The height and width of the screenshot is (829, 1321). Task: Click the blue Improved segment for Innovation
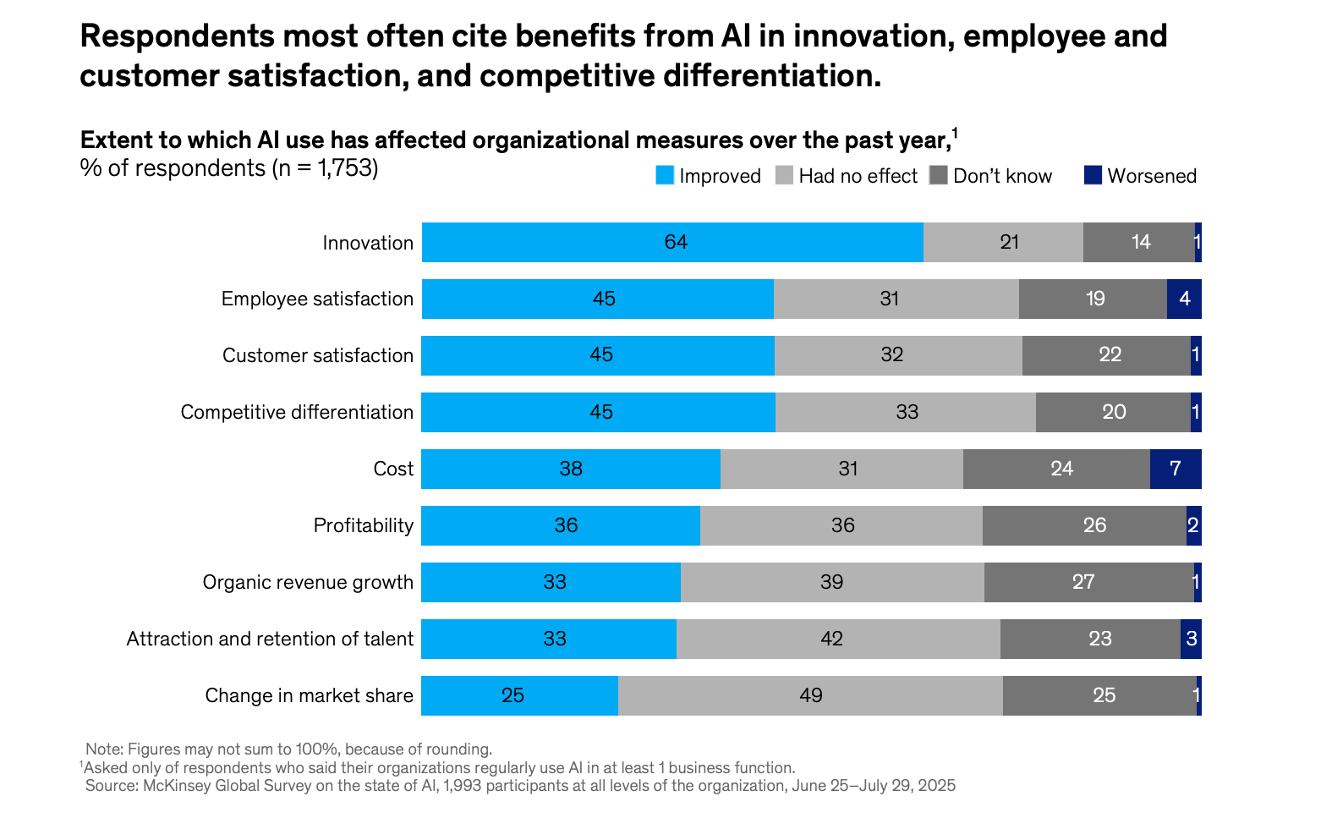[672, 243]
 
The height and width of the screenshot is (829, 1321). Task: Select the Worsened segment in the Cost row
[1176, 469]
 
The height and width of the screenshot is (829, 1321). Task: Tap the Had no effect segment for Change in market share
[810, 695]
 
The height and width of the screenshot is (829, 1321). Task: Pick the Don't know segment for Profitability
[1084, 525]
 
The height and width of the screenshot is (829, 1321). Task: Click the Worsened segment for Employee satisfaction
[1184, 299]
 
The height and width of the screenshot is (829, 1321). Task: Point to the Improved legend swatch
[665, 176]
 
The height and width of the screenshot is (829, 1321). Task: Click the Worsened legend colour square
[1093, 176]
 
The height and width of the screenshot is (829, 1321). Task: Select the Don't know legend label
[1002, 176]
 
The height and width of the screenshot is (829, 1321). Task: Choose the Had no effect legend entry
[858, 176]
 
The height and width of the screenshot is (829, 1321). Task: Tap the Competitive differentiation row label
[297, 412]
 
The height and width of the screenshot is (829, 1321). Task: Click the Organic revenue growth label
[308, 582]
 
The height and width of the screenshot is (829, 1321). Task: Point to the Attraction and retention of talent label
[270, 639]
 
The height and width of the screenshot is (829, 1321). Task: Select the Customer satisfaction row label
[318, 355]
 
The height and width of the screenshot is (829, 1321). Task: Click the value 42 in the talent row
[831, 639]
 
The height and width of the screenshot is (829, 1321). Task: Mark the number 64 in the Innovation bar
[676, 243]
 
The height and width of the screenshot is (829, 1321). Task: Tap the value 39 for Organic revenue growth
[831, 582]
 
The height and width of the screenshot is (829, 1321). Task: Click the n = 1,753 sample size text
[325, 168]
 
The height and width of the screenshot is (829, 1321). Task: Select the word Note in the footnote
[102, 749]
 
